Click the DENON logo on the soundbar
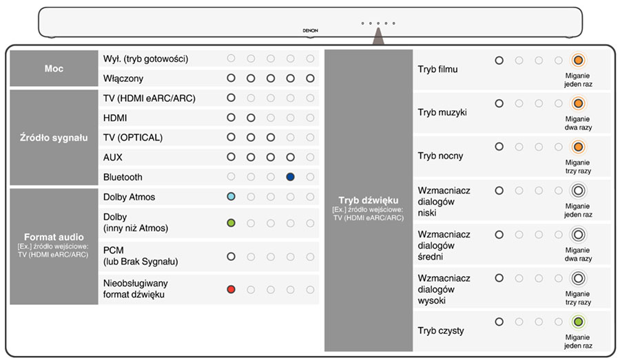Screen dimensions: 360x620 pos(310,31)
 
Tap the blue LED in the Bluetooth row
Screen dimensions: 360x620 pos(291,177)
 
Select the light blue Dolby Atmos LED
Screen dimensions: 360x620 pos(231,197)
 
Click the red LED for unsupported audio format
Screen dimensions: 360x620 pos(231,289)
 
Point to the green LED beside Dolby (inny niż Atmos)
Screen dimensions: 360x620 pos(231,222)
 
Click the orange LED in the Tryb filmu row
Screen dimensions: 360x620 pos(579,61)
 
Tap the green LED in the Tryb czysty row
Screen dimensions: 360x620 pos(579,321)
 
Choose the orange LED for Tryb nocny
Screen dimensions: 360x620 pos(579,147)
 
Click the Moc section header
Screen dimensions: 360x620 pos(54,69)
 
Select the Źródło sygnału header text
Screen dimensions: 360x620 pos(54,138)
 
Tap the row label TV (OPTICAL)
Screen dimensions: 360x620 pos(133,138)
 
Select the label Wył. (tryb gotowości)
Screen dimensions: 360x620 pos(145,59)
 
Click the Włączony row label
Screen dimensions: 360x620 pos(123,78)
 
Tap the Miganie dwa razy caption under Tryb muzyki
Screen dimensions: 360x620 pos(577,123)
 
